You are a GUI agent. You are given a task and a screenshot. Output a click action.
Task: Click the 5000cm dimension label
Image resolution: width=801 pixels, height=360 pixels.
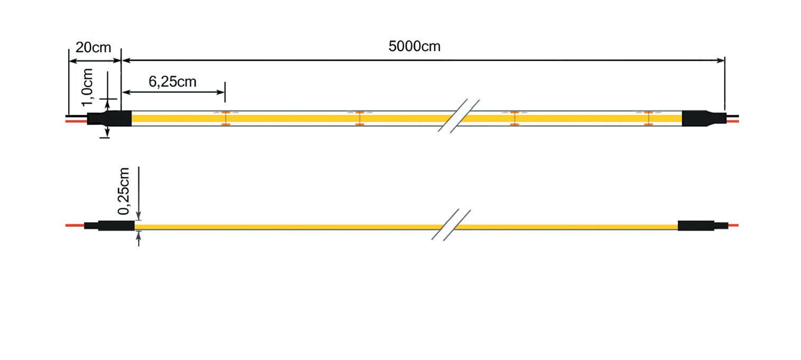click(414, 47)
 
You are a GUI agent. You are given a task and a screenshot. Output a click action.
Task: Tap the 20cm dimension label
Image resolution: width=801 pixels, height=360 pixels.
click(93, 48)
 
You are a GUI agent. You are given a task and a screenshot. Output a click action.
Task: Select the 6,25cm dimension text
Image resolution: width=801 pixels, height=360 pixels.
click(172, 82)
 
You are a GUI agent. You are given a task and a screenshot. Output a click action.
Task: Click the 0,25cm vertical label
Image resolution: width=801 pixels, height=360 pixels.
click(124, 191)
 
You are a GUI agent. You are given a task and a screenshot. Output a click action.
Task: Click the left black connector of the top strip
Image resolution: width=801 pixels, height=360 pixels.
click(109, 118)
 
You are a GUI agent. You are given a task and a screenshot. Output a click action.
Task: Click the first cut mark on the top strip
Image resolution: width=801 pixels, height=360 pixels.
click(225, 118)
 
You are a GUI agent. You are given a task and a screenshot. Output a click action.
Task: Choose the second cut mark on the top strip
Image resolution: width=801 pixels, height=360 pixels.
click(360, 118)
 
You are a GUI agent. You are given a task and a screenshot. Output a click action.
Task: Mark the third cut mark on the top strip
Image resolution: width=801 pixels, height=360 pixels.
click(513, 118)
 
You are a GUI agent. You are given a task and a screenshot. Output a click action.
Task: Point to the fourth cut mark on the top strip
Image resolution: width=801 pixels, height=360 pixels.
click(648, 118)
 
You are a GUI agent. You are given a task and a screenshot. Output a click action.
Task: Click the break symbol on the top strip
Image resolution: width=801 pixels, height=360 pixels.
click(458, 116)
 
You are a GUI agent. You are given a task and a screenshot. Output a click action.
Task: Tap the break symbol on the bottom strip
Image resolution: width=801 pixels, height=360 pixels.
click(451, 225)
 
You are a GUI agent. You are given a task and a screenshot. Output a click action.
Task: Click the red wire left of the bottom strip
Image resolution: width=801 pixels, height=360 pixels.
click(75, 226)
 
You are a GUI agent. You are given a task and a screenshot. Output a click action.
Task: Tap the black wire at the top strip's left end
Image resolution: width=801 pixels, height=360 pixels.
click(77, 115)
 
